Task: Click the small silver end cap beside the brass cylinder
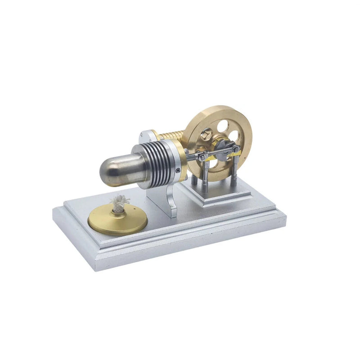click(147, 135)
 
